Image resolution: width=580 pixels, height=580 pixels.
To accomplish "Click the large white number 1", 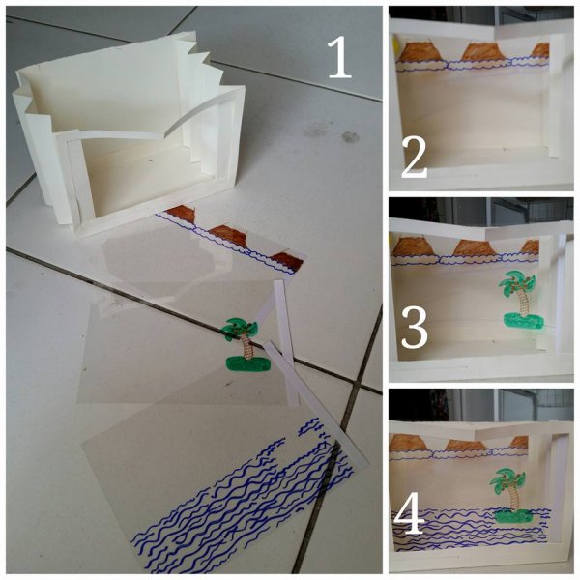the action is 339,58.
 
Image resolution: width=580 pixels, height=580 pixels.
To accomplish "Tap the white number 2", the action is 415,158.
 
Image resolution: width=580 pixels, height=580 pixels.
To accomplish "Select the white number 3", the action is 415,329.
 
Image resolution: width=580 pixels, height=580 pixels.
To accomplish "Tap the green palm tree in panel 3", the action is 521,299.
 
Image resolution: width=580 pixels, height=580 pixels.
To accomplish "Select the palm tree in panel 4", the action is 510,495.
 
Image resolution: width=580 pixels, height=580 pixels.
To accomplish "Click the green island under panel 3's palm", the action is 523,320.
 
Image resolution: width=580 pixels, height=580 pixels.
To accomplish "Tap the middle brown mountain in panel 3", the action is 475,247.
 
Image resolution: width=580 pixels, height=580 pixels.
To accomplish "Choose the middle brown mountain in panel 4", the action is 464,446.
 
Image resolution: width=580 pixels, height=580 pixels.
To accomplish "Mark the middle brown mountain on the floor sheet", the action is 228,236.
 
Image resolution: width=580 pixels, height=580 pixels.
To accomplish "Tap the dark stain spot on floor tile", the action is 350,137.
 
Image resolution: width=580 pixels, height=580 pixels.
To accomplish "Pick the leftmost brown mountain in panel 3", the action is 413,247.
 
